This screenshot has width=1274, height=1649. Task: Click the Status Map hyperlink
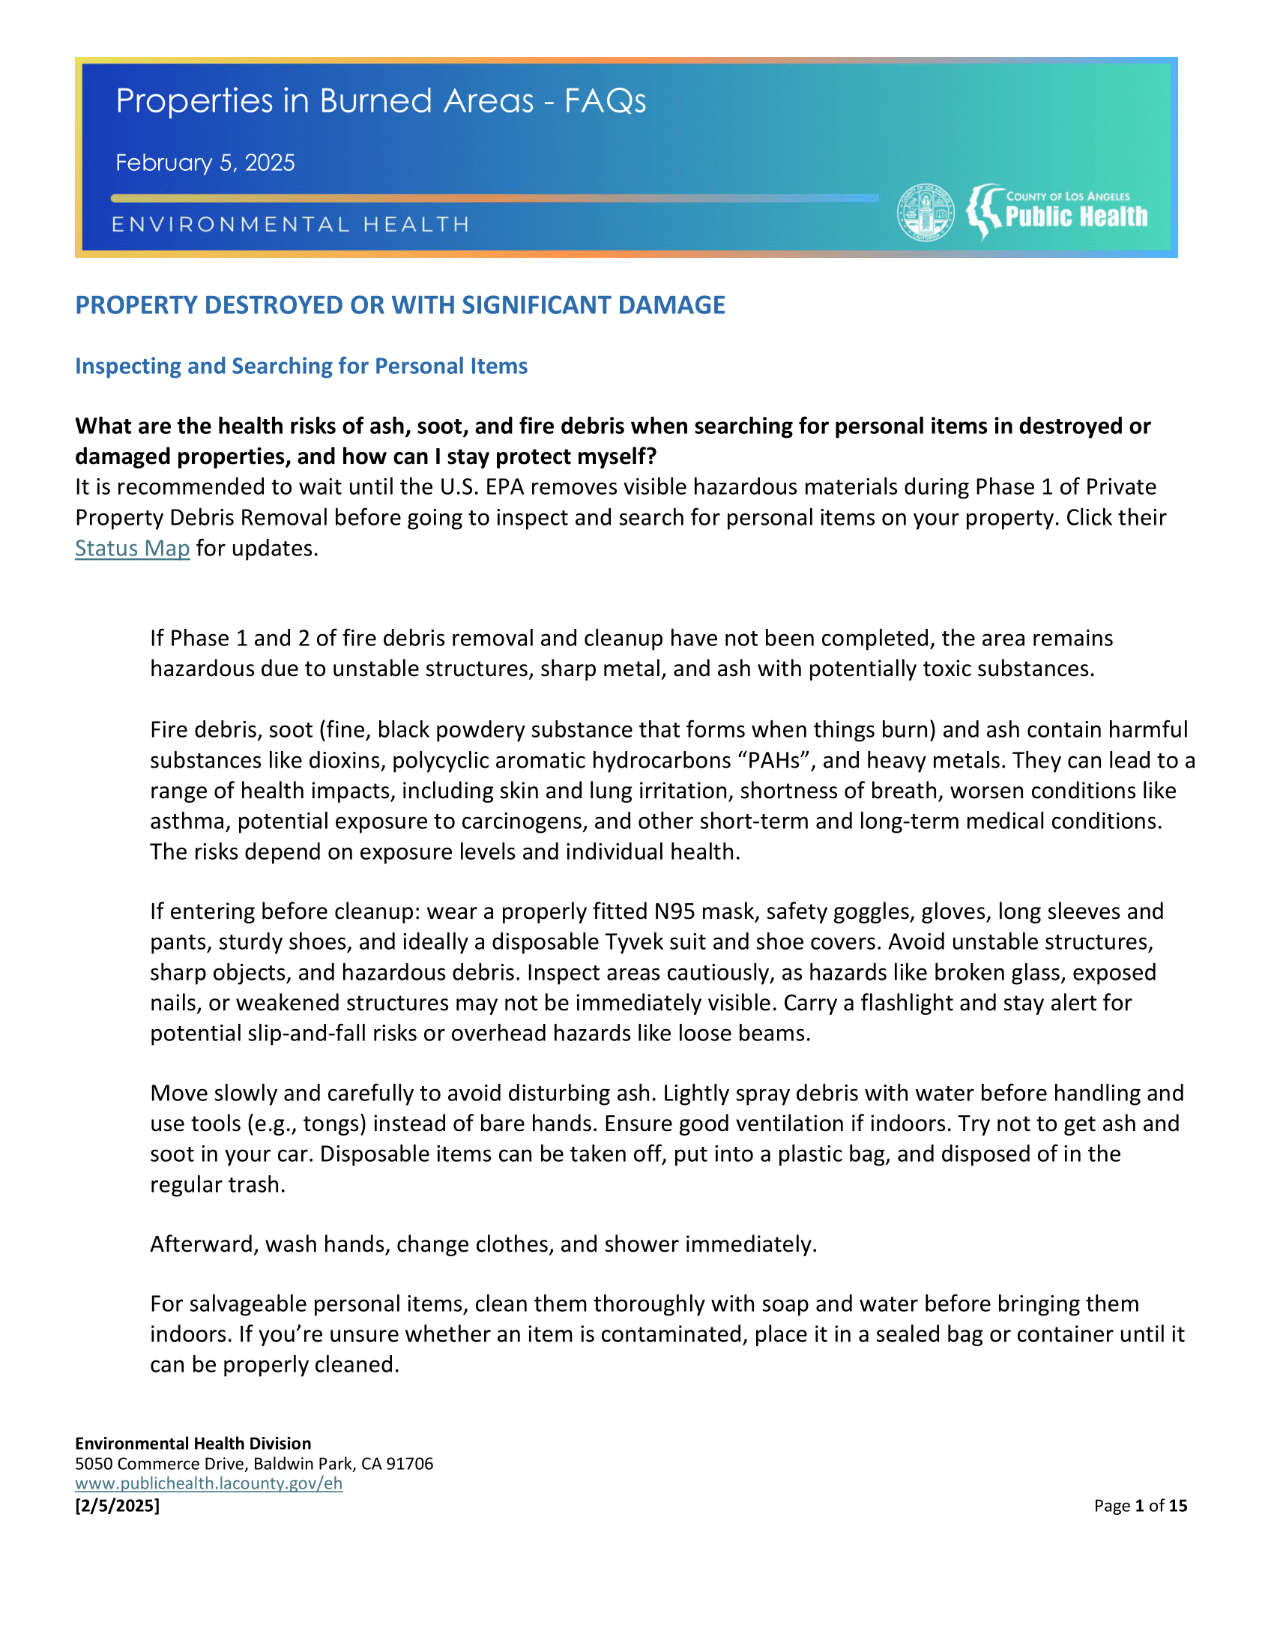coord(132,548)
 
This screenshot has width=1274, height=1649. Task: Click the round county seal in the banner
coord(926,212)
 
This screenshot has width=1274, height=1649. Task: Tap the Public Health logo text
coord(1075,217)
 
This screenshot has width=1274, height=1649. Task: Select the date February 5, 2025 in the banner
coord(205,163)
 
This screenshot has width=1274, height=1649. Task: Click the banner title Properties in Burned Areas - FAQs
coord(381,100)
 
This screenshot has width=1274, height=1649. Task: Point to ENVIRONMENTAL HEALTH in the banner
coord(291,224)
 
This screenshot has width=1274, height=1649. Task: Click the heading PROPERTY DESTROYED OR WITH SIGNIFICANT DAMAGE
coord(400,305)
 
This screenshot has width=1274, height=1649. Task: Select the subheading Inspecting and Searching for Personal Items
coord(301,367)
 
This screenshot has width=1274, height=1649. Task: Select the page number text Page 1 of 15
coord(1141,1506)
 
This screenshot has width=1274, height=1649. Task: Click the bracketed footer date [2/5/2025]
coord(117,1506)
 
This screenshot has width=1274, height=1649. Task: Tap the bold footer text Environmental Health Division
coord(193,1444)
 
